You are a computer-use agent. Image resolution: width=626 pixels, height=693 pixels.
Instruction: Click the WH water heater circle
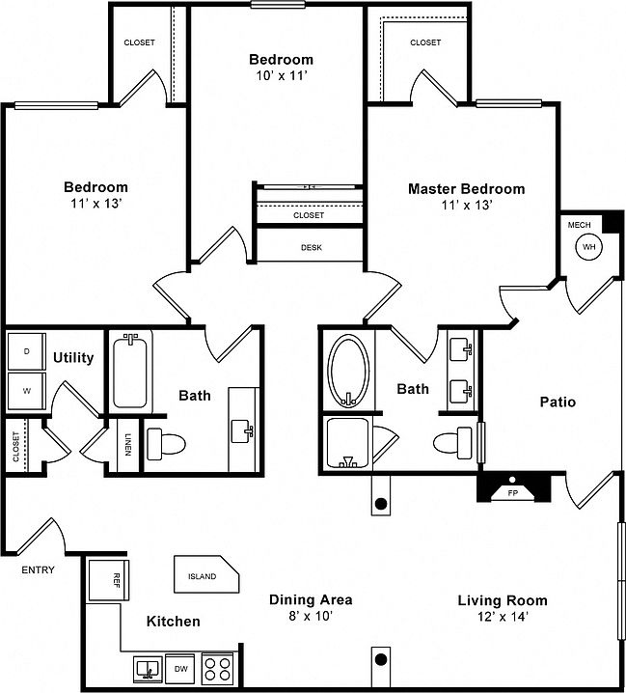click(588, 247)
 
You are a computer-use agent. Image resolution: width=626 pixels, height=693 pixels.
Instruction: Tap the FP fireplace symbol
click(512, 491)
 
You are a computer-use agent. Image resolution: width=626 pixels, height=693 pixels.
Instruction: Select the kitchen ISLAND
click(204, 575)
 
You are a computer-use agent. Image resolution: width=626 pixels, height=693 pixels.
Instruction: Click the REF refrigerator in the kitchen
click(105, 582)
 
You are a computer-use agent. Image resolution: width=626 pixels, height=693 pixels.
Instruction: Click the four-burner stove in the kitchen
click(218, 667)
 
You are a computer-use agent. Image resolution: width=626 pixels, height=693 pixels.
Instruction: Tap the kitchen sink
click(148, 668)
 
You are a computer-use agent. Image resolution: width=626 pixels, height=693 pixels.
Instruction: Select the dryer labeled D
click(25, 352)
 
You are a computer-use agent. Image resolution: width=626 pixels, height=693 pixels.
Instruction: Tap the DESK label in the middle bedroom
click(311, 247)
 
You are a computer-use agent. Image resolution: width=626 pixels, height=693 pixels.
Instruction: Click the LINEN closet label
click(127, 445)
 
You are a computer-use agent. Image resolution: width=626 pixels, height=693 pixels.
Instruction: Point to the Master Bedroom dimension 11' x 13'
click(466, 205)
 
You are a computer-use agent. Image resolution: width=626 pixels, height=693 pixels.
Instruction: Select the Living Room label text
click(502, 599)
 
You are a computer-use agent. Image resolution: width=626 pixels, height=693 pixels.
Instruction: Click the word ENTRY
click(38, 569)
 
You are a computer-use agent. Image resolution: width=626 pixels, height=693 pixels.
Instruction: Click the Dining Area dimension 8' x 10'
click(309, 615)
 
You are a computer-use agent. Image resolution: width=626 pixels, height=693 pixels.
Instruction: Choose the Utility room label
click(73, 357)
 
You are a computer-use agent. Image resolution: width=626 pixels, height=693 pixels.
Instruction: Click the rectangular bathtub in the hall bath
click(132, 372)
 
